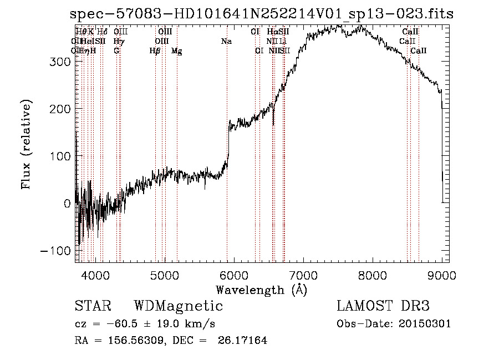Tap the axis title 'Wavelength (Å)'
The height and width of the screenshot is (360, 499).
point(261,290)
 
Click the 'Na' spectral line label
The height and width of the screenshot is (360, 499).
point(226,42)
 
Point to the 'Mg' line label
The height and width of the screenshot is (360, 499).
point(176,51)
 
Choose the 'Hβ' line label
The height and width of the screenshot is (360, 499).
point(155,51)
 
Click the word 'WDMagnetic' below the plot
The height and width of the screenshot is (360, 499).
point(178,306)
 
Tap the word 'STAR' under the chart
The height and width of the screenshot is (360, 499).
point(93,306)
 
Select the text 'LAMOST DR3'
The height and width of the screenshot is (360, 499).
point(383,306)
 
